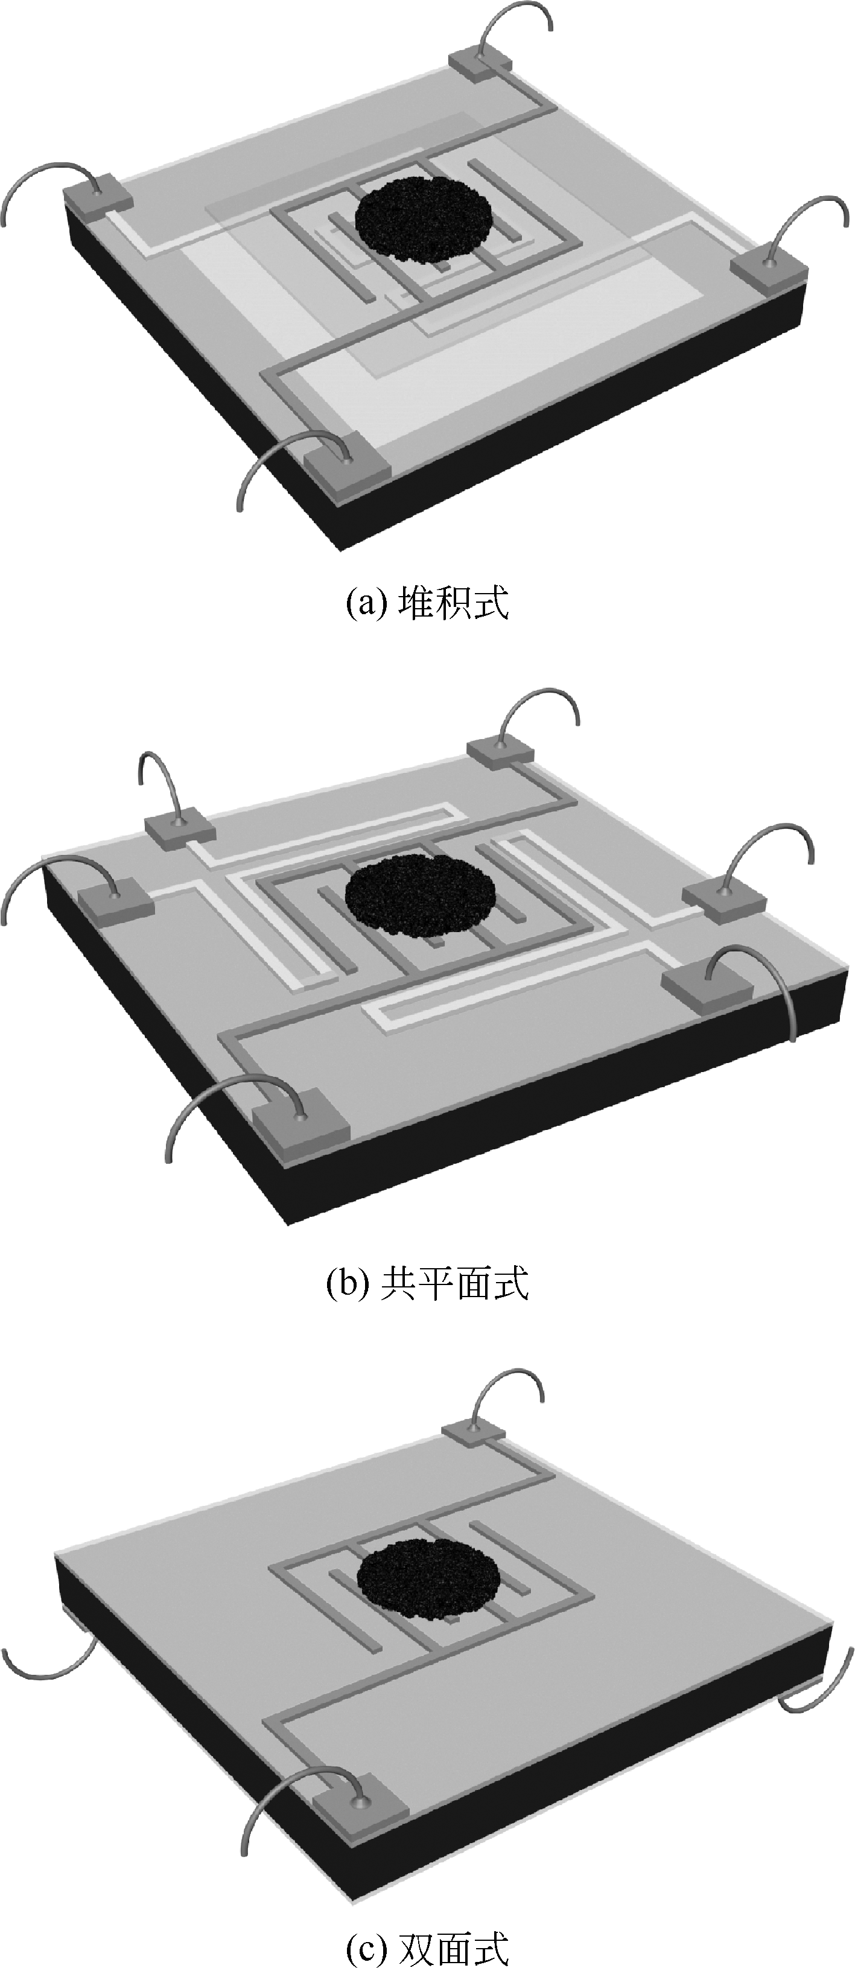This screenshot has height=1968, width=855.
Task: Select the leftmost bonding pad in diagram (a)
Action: (x=97, y=194)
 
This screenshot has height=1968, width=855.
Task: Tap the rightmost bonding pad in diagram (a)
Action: (x=769, y=271)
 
